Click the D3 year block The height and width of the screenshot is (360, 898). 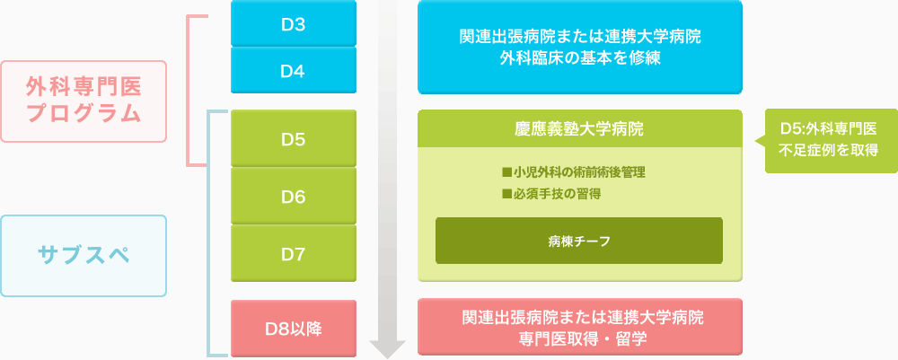click(294, 23)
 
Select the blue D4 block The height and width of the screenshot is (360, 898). click(294, 70)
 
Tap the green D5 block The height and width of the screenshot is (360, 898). click(294, 138)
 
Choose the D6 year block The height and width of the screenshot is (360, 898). click(294, 196)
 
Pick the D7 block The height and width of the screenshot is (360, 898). click(294, 253)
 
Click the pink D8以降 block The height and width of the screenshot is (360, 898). click(294, 329)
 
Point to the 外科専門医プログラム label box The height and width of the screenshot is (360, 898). click(84, 101)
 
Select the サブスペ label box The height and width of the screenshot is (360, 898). click(84, 255)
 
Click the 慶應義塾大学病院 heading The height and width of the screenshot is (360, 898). click(579, 129)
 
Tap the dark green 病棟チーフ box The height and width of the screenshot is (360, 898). click(579, 241)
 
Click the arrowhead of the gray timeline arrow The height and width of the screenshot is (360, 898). click(388, 349)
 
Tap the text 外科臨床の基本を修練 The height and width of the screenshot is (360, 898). click(580, 58)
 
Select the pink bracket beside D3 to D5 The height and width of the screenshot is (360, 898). click(189, 91)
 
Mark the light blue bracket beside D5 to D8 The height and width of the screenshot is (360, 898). click(208, 233)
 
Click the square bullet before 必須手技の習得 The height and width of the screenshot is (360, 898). click(506, 194)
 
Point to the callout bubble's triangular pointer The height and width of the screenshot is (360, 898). click(760, 141)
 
